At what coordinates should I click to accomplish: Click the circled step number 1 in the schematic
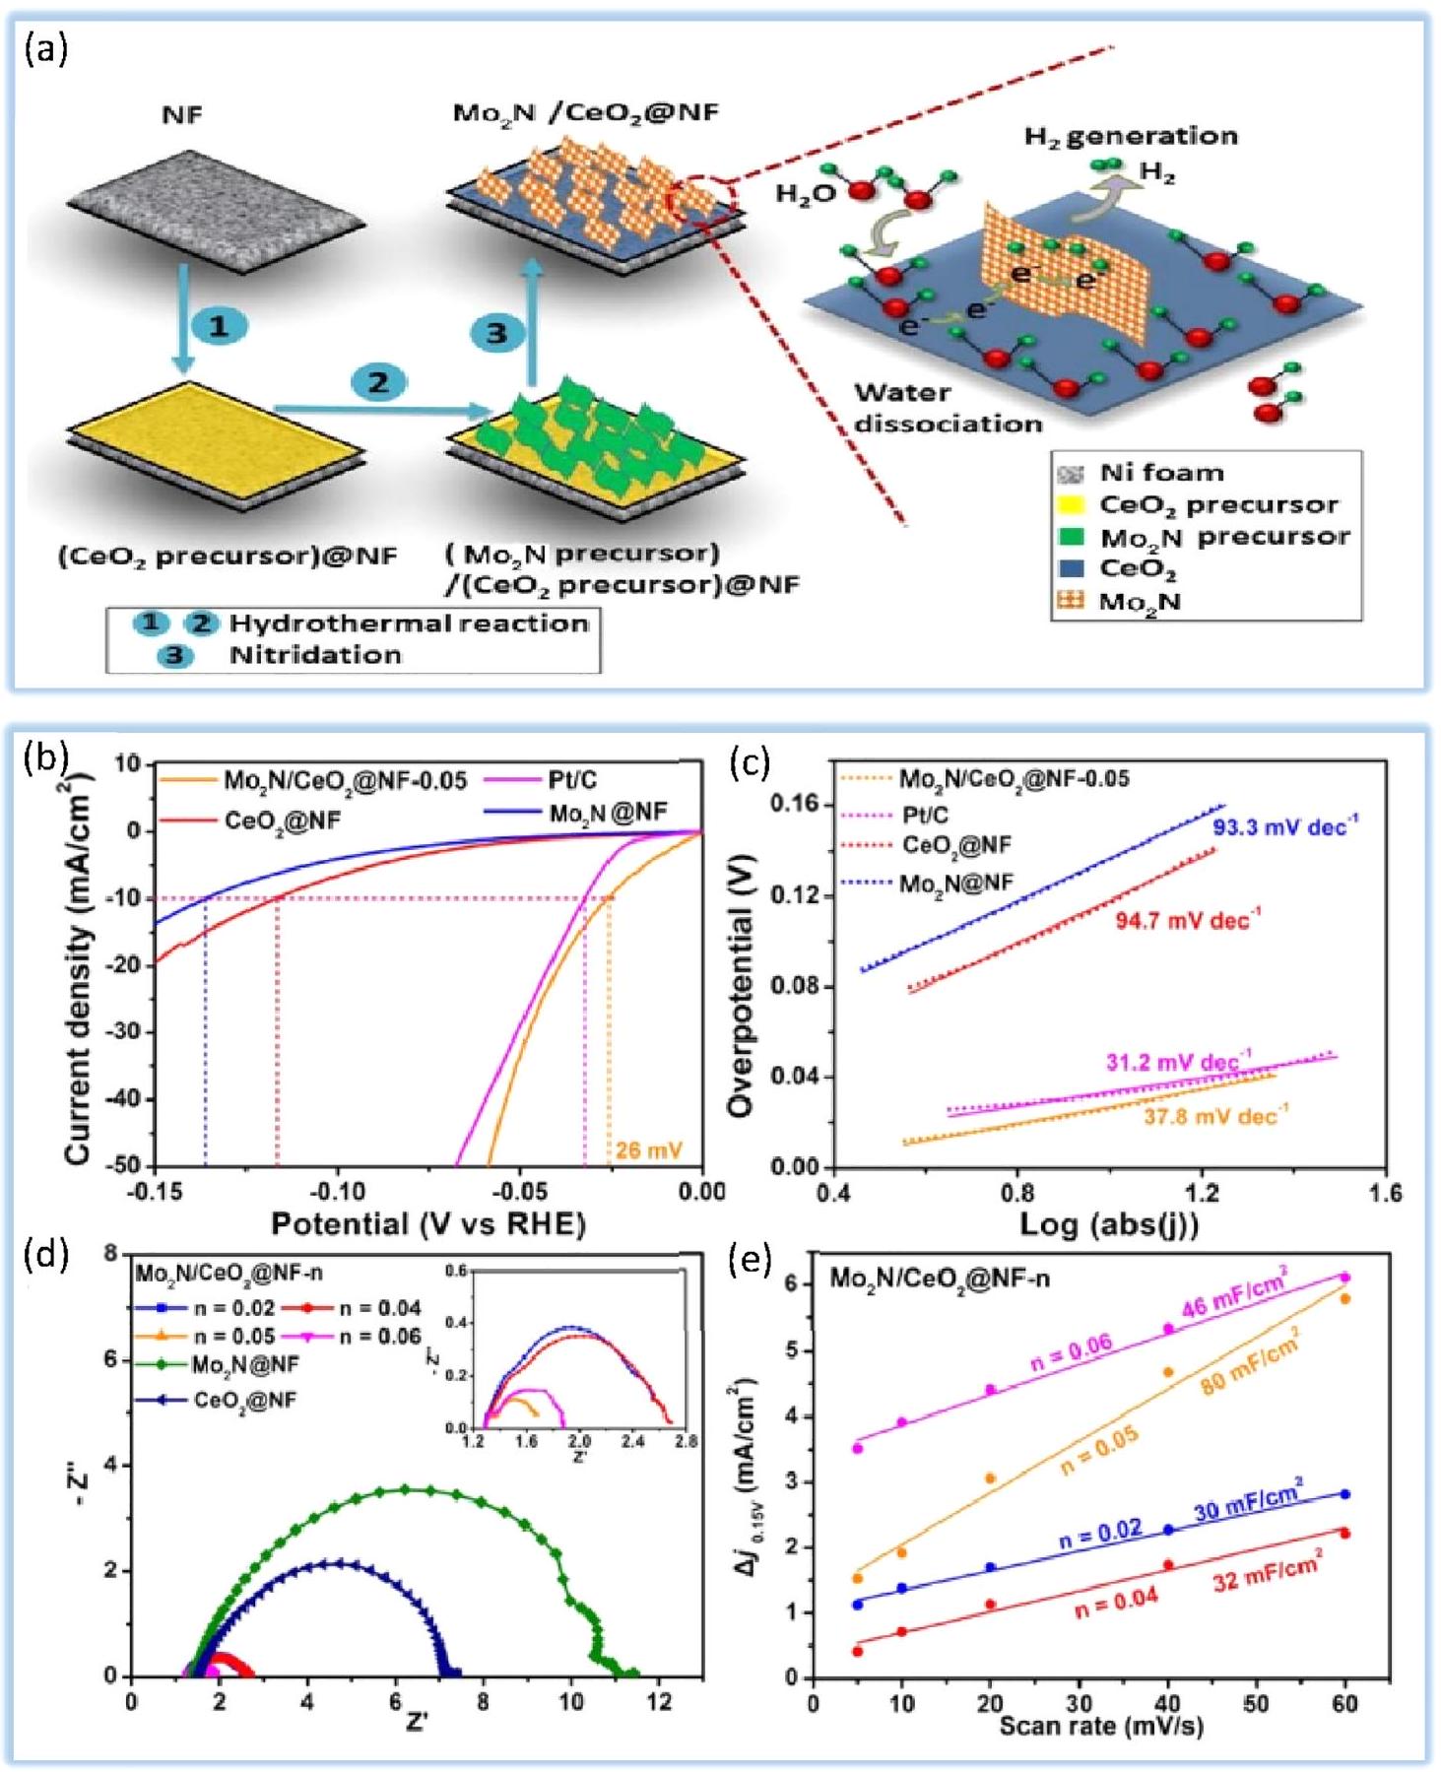[219, 326]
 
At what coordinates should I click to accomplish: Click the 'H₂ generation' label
[1131, 135]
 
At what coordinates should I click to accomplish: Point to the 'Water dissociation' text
[948, 408]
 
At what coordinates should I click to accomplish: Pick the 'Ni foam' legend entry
[1160, 473]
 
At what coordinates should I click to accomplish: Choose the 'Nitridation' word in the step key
[315, 655]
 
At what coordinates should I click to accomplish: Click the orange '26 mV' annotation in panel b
[648, 1149]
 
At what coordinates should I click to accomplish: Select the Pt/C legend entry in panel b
[572, 781]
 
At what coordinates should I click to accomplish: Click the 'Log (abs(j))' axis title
[1108, 1224]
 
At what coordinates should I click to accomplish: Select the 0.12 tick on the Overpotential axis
[794, 895]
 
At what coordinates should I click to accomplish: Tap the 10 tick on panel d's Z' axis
[571, 1700]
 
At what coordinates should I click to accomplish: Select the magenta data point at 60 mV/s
[1345, 1278]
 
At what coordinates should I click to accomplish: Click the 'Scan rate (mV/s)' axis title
[1100, 1726]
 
